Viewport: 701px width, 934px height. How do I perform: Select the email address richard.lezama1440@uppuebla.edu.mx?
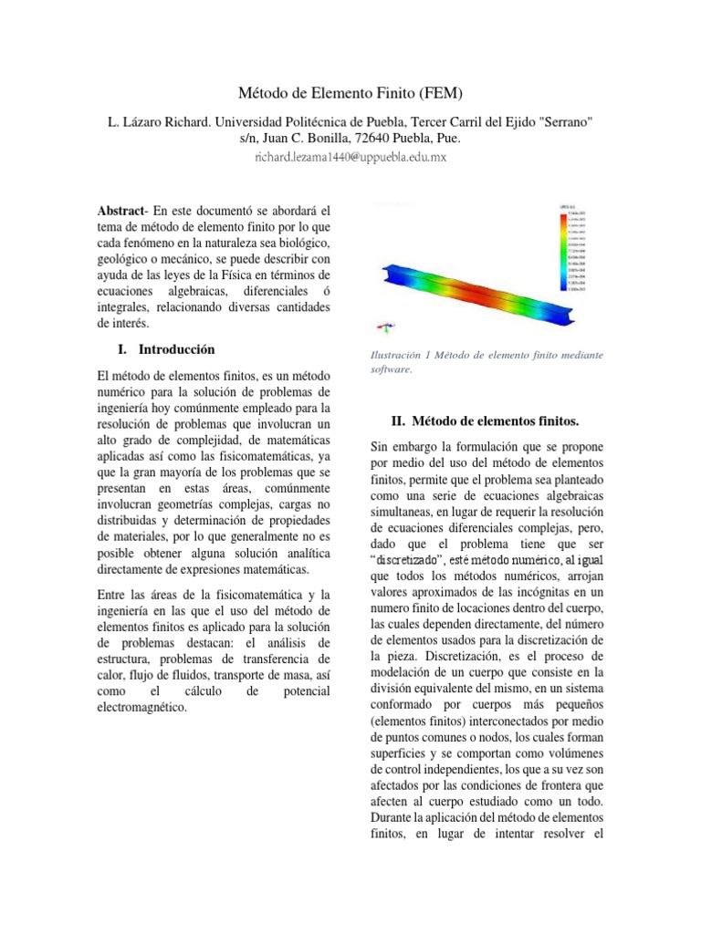click(x=350, y=157)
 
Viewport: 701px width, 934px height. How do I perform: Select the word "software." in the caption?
click(x=392, y=369)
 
